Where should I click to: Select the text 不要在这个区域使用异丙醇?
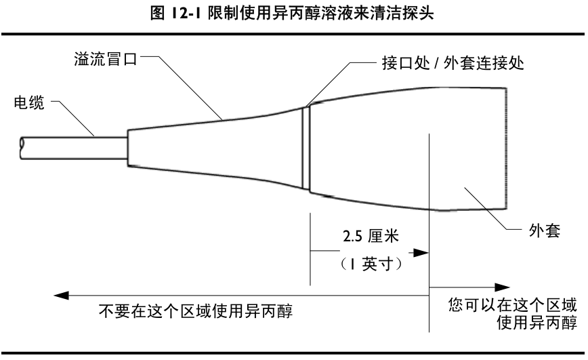point(196,312)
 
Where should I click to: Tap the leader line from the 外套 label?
point(488,210)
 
